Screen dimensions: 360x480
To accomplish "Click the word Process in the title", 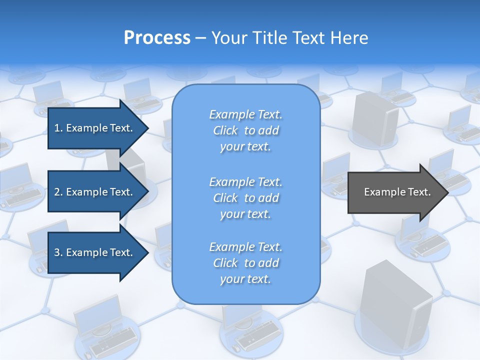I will coord(157,38).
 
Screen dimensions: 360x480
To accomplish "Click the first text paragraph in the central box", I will coord(245,130).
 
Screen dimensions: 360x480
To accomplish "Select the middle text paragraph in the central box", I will coord(245,198).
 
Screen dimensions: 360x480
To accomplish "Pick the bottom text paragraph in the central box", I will coord(245,263).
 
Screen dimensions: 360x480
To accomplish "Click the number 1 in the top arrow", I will coord(57,128).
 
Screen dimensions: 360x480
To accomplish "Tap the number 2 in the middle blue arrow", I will coord(57,192).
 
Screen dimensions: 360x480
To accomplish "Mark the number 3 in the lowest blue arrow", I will coord(57,252).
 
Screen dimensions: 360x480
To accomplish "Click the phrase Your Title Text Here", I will coord(289,38).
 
